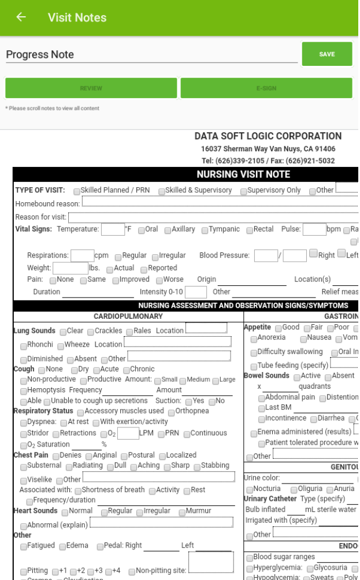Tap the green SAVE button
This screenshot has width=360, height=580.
tap(326, 54)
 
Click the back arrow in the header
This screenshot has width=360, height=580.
tap(21, 17)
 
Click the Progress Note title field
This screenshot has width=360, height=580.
tap(151, 55)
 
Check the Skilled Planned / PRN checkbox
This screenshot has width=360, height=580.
tap(77, 191)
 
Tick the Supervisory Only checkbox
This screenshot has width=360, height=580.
tap(244, 191)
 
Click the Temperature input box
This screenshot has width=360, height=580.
tap(113, 229)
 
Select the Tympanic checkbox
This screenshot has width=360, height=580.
tap(206, 230)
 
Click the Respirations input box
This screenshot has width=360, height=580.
tap(83, 255)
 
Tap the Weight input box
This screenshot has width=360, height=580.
tap(70, 268)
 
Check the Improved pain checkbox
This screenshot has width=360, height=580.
tap(115, 280)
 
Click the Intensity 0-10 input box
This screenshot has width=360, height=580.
tap(196, 292)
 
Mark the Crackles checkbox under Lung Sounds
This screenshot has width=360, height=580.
tap(91, 332)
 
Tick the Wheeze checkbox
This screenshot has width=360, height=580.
tap(61, 345)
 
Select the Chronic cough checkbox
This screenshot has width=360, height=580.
tap(125, 370)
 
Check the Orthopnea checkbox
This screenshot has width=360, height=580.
tap(172, 412)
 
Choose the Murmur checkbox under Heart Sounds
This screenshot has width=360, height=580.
tap(181, 512)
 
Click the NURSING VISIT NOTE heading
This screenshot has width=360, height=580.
tap(243, 174)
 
